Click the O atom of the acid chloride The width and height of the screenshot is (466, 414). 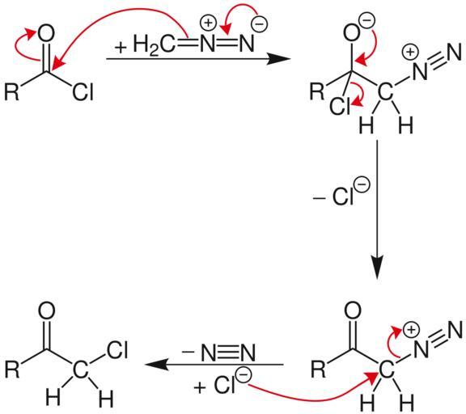tap(46, 33)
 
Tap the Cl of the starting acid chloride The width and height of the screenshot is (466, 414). tap(83, 91)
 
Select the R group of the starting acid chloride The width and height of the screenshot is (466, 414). tap(12, 91)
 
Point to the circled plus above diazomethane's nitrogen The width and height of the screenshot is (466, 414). tap(209, 23)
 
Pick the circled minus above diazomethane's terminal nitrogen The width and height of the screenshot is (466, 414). tap(260, 24)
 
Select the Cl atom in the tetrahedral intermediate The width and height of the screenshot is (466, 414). tap(341, 106)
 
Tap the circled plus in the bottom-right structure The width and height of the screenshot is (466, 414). tap(411, 330)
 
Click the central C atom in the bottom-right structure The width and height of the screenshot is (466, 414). tap(386, 370)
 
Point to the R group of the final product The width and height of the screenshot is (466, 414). tap(12, 370)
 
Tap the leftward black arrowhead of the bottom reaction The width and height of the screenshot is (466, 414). tap(157, 365)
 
